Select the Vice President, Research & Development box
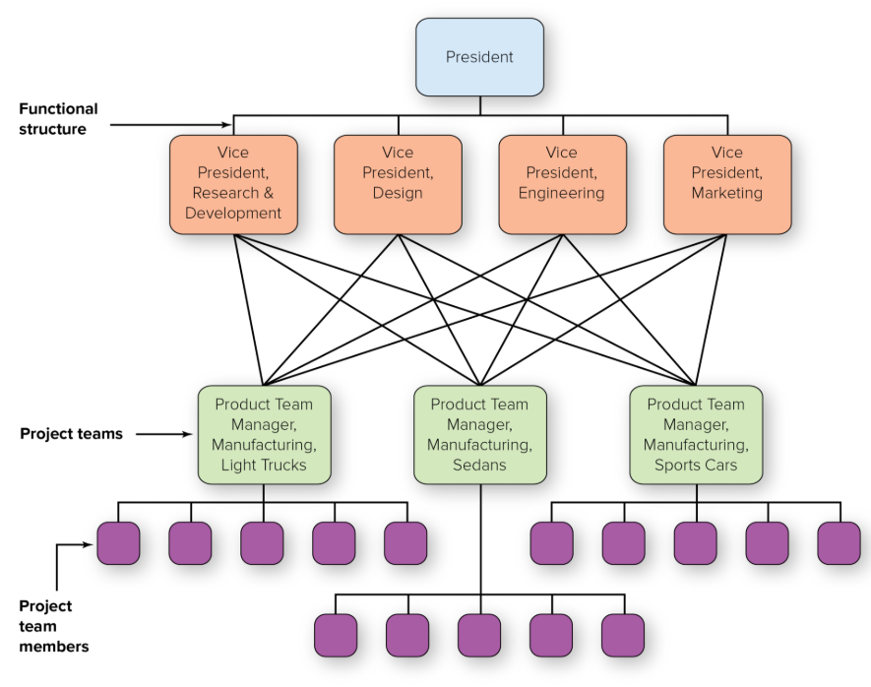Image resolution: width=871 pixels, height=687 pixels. [x=233, y=184]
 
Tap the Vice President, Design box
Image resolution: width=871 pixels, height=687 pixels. [x=398, y=184]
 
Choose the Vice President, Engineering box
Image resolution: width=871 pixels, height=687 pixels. [x=562, y=184]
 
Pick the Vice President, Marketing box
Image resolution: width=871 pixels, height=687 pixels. [x=727, y=184]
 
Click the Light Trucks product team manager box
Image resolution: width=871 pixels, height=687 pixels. [x=264, y=434]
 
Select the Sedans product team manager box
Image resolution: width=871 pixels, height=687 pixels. [x=479, y=434]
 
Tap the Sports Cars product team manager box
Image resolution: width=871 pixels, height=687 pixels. [x=696, y=434]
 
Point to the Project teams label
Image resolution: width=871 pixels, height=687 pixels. [x=71, y=433]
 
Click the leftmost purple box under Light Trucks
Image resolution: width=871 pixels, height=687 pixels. [x=118, y=543]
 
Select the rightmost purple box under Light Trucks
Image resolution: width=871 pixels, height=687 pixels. [x=405, y=543]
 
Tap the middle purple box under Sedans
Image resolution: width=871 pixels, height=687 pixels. [x=479, y=635]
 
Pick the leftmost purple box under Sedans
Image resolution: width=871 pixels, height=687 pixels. [x=336, y=635]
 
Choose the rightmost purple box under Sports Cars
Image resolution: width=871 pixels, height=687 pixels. [x=839, y=543]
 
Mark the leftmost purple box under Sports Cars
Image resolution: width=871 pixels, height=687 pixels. [x=551, y=543]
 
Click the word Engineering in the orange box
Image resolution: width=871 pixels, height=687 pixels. [x=562, y=193]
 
